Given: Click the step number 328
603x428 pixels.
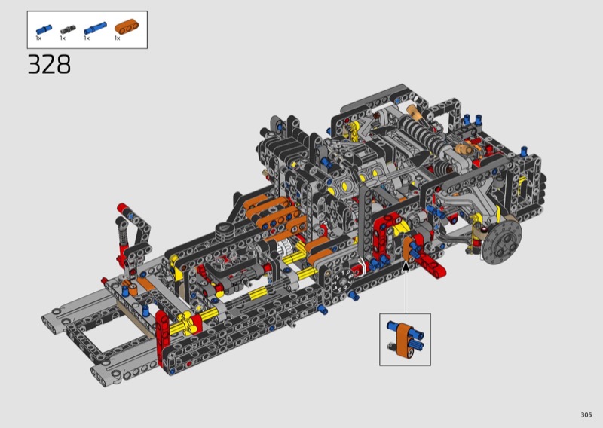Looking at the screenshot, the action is pyautogui.click(x=49, y=64).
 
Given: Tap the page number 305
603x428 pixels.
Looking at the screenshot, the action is pyautogui.click(x=586, y=414).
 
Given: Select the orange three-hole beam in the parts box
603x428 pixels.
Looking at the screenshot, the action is pyautogui.click(x=127, y=26).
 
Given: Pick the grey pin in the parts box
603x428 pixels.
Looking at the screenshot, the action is pyautogui.click(x=68, y=30).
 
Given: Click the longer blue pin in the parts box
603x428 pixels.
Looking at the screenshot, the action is pyautogui.click(x=95, y=28).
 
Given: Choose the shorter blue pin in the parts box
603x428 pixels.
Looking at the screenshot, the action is pyautogui.click(x=44, y=29).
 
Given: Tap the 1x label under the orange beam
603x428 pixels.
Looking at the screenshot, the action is pyautogui.click(x=118, y=38).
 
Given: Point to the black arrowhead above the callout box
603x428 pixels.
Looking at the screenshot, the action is pyautogui.click(x=406, y=266).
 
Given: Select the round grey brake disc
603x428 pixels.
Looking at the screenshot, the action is pyautogui.click(x=501, y=242).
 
